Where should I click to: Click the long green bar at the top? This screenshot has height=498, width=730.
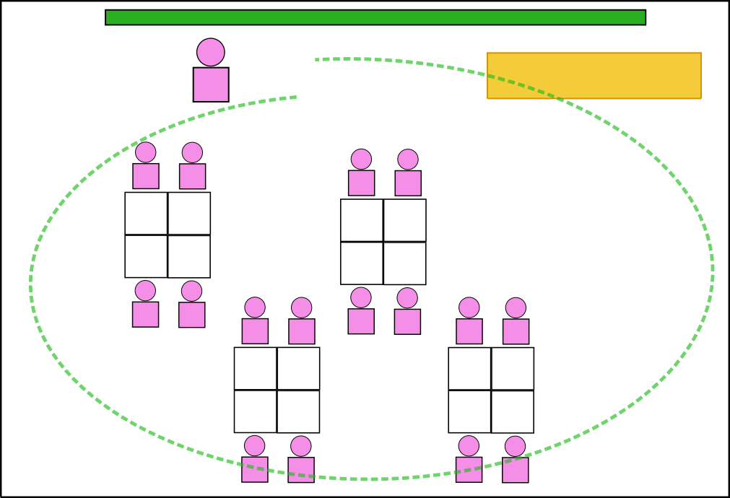tap(375, 17)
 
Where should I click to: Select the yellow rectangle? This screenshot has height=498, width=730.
tap(594, 75)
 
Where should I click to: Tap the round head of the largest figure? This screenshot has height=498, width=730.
tap(211, 52)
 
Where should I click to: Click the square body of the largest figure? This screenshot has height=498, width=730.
tap(211, 84)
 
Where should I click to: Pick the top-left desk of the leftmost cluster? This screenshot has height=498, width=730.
tap(146, 213)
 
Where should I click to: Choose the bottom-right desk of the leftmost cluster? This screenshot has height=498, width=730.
tap(189, 256)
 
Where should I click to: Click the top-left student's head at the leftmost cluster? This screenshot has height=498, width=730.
tap(145, 152)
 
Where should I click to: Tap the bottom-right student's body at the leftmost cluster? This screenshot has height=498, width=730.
tap(192, 315)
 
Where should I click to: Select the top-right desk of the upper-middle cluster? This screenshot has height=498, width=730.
tap(405, 220)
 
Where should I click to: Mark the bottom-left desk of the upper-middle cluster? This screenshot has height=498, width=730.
tap(362, 263)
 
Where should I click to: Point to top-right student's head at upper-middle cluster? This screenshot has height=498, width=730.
tap(408, 160)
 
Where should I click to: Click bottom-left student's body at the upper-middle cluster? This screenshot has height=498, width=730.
tap(361, 321)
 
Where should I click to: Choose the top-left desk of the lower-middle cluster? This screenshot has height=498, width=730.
tap(255, 368)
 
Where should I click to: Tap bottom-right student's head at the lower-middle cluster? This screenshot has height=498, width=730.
tap(301, 446)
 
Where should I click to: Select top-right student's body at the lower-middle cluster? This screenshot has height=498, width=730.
tap(302, 331)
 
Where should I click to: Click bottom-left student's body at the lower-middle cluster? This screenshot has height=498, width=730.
tap(255, 469)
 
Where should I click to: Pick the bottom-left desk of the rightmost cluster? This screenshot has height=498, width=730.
tap(469, 411)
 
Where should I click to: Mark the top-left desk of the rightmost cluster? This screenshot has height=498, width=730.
tap(469, 368)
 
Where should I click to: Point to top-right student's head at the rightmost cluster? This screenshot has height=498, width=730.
tap(516, 308)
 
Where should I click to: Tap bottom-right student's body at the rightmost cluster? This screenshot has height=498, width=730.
tap(516, 470)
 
